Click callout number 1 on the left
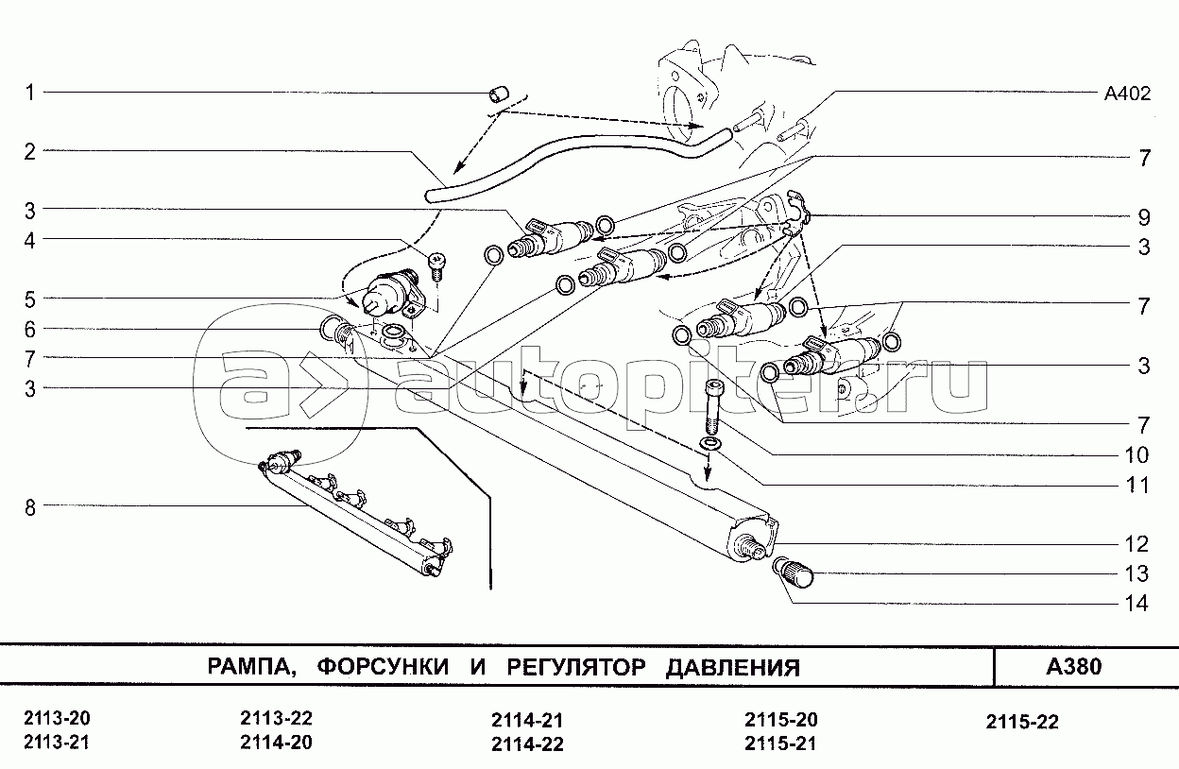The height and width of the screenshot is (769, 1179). click(30, 94)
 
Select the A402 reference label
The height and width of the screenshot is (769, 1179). click(1127, 94)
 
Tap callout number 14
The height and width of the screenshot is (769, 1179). click(1136, 603)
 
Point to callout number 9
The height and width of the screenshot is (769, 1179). click(1143, 217)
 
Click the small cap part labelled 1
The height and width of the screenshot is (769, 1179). click(498, 95)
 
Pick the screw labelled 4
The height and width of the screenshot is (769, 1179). click(436, 266)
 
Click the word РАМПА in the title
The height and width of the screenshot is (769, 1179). click(249, 667)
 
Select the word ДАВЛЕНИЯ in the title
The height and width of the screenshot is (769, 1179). click(733, 667)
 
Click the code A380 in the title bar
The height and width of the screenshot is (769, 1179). click(1074, 666)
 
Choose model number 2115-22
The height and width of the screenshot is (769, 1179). click(1022, 722)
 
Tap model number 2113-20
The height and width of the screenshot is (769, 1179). click(57, 718)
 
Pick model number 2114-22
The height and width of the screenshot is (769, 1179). click(527, 744)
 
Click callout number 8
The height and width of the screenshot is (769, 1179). click(30, 508)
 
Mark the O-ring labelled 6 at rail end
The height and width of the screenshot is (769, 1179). click(329, 328)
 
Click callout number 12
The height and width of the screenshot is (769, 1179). click(1136, 544)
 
